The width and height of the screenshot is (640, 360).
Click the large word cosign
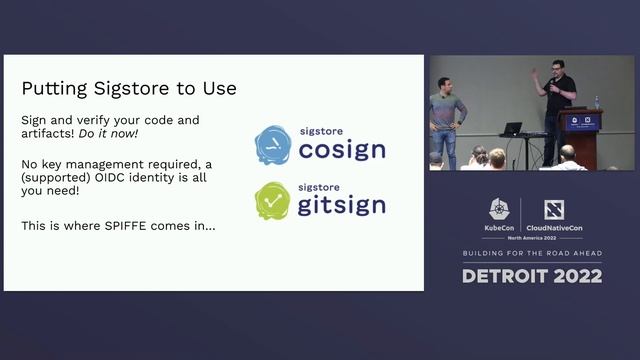pyautogui.click(x=341, y=151)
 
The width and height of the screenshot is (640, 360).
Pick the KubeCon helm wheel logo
pyautogui.click(x=500, y=208)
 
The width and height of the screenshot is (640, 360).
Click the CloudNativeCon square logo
pyautogui.click(x=554, y=209)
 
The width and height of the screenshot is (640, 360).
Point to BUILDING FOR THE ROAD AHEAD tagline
pyautogui.click(x=532, y=254)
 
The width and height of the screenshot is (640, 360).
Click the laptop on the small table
pyautogui.click(x=512, y=129)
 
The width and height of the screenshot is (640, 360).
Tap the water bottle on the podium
pyautogui.click(x=597, y=102)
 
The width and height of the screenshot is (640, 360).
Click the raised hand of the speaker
pyautogui.click(x=535, y=73)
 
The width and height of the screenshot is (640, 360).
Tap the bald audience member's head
pyautogui.click(x=567, y=152)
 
